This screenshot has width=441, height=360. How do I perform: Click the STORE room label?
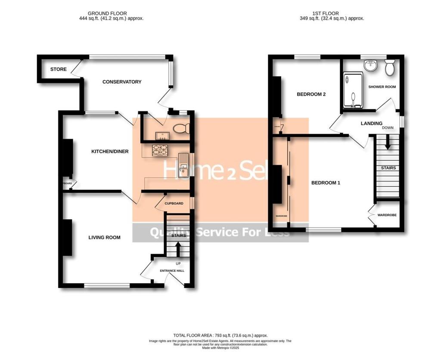coord(58,69)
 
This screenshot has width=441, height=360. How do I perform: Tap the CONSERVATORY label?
coord(122,82)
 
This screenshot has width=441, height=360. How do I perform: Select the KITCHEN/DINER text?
coord(110,151)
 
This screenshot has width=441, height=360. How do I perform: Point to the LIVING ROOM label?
coord(104,238)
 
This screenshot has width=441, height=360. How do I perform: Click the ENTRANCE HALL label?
coord(172,271)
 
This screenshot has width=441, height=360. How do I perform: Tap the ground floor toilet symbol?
coord(183,128)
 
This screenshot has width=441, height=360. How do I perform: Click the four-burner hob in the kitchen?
coord(160,150)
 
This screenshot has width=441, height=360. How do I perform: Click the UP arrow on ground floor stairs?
coord(178,247)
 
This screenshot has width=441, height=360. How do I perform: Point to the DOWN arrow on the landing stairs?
coord(388,143)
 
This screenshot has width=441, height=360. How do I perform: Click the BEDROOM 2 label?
coord(311,94)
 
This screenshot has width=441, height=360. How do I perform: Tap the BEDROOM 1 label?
coord(326,183)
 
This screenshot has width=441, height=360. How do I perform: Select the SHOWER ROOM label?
coord(382,87)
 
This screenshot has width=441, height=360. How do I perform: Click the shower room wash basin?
coord(370,65)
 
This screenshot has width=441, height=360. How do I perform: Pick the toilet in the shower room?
coord(390,68)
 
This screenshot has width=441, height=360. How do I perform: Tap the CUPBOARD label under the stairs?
coord(174,203)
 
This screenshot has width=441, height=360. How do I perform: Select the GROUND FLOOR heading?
coord(107,13)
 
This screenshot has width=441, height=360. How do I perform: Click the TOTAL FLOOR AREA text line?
coord(220,335)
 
